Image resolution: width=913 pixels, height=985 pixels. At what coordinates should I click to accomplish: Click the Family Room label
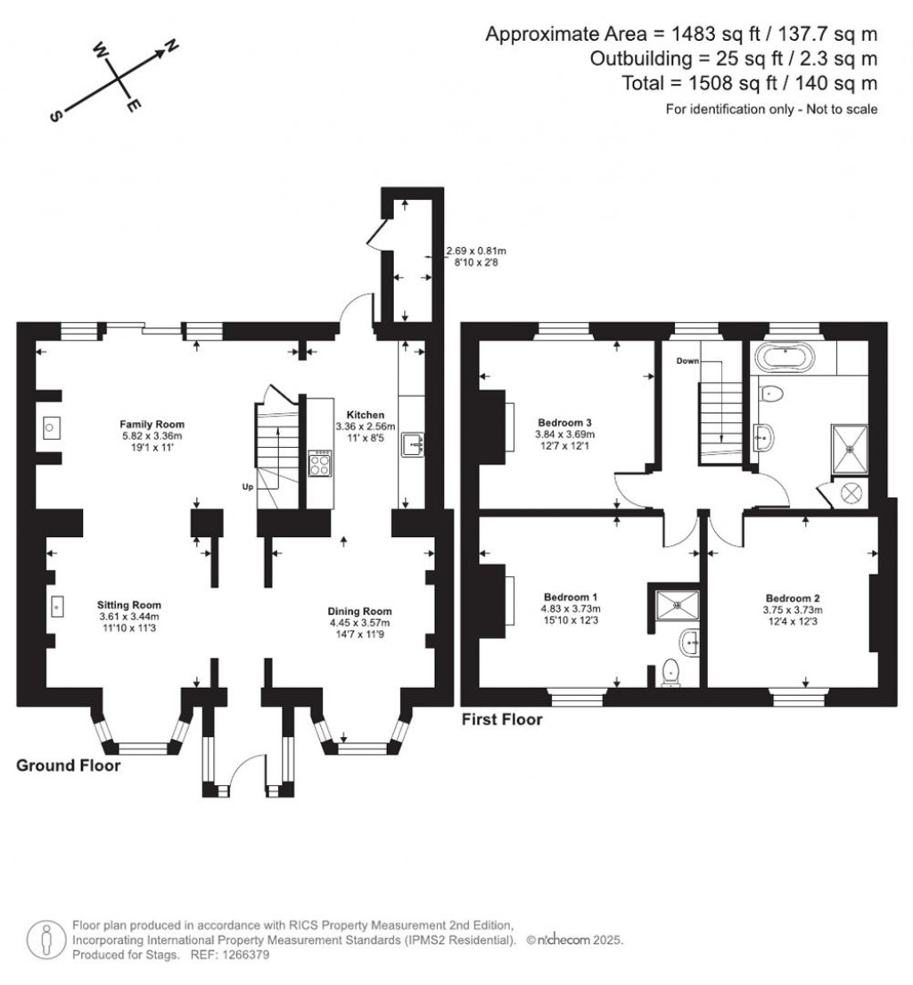coord(152,424)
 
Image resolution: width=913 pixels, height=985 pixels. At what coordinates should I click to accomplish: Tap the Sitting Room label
coord(128,605)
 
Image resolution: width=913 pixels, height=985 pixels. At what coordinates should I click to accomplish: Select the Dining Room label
coord(359,611)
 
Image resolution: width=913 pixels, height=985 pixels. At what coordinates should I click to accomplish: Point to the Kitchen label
coord(359,415)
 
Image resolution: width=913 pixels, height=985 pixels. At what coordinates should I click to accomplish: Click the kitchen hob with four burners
coord(320,464)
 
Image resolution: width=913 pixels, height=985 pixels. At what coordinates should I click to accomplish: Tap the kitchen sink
coord(414,443)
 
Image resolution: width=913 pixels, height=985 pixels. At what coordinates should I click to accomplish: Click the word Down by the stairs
coord(687,361)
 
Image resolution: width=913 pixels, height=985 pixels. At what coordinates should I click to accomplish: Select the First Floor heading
coord(501,719)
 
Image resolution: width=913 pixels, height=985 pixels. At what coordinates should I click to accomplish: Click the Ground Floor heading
coord(68,766)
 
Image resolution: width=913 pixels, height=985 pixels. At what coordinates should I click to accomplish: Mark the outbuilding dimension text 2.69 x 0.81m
coord(476,252)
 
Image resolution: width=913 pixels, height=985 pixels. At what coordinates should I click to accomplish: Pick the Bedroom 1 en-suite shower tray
coord(677,604)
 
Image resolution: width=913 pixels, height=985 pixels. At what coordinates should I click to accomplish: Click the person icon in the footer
coord(43,939)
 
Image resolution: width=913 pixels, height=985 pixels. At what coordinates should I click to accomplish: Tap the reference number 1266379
coord(243,955)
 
